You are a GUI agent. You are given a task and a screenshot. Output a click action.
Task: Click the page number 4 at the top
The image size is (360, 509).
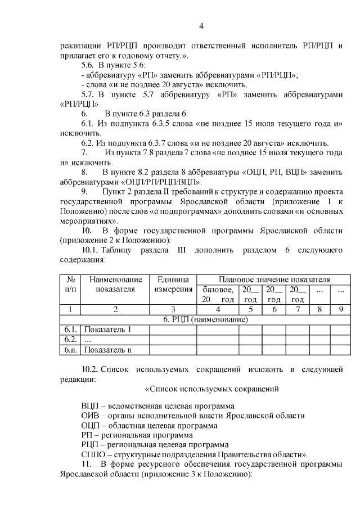pyautogui.click(x=201, y=25)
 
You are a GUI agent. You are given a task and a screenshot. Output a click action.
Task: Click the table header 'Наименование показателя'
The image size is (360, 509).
pyautogui.click(x=115, y=285)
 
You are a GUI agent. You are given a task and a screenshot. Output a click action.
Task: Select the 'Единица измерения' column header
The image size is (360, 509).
pyautogui.click(x=173, y=285)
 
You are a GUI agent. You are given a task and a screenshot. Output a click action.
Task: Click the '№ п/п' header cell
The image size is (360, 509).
pyautogui.click(x=71, y=285)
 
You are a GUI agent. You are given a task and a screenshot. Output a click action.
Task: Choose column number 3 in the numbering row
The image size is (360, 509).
pyautogui.click(x=173, y=309)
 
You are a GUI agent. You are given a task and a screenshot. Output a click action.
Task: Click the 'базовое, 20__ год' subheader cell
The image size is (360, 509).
pyautogui.click(x=218, y=294)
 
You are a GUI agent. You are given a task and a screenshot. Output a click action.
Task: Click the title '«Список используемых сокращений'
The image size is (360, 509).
pyautogui.click(x=212, y=389)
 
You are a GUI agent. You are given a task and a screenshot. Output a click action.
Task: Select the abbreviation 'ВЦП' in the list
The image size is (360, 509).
pyautogui.click(x=91, y=406)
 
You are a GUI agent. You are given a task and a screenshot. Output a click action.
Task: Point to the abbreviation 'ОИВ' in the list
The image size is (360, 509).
pyautogui.click(x=91, y=416)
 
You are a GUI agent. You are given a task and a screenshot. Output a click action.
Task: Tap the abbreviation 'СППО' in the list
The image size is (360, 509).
pyautogui.click(x=93, y=454)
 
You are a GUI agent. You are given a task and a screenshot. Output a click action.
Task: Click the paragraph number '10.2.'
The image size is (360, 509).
pyautogui.click(x=91, y=370)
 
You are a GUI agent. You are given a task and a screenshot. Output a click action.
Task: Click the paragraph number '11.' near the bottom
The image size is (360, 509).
pyautogui.click(x=87, y=464)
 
